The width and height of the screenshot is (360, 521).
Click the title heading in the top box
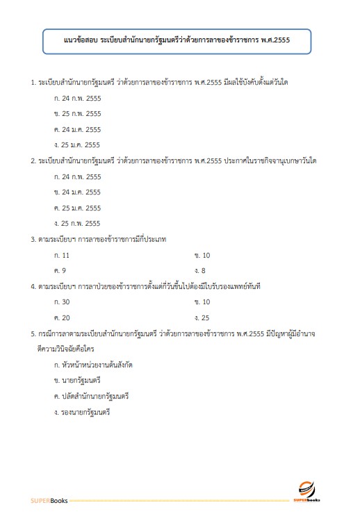click(x=180, y=40)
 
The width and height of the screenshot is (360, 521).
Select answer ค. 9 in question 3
click(x=60, y=270)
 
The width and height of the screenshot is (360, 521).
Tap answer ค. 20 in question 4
click(x=62, y=317)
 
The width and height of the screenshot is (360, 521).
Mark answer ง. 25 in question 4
click(x=202, y=317)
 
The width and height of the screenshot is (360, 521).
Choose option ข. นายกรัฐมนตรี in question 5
click(x=77, y=380)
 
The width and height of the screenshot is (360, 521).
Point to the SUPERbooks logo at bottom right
click(x=306, y=491)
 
